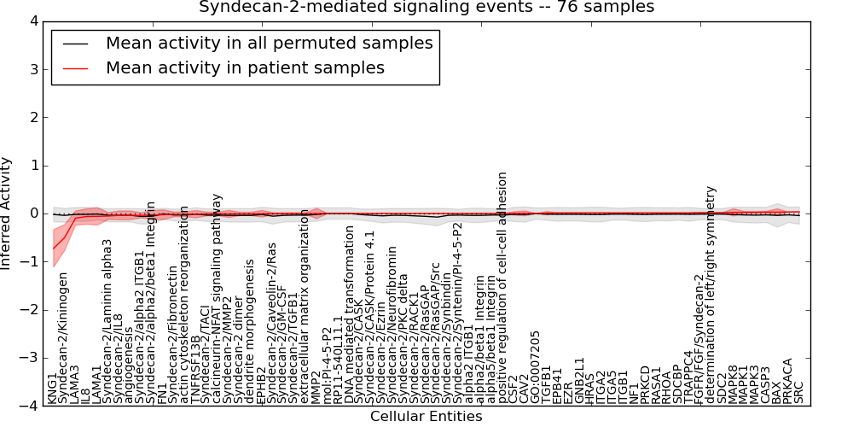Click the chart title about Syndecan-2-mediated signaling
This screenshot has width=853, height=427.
point(426,7)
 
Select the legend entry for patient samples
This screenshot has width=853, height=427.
point(244,67)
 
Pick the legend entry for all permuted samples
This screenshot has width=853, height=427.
point(269,43)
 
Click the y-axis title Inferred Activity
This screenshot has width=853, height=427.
point(7,213)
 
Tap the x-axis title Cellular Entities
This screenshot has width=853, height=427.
point(426,417)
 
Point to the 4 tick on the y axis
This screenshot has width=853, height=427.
point(36,20)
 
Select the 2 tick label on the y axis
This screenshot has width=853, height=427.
point(36,117)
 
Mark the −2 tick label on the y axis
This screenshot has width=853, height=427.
point(32,310)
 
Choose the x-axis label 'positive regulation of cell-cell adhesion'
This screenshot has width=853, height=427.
point(503,287)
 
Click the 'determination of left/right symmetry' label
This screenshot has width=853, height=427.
point(711,294)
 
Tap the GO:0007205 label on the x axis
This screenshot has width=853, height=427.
point(535,366)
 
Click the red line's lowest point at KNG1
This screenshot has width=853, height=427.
point(54,249)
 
